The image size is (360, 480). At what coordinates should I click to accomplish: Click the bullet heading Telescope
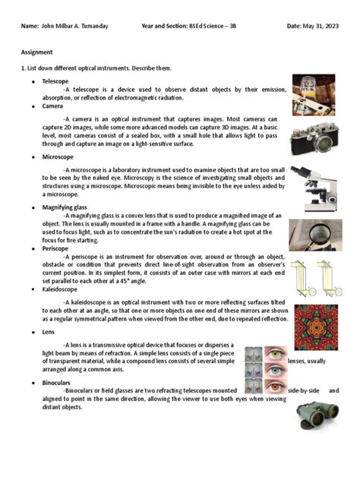(55, 80)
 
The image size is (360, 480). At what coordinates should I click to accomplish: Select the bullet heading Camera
(52, 107)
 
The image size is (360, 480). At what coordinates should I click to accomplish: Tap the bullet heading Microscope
(57, 156)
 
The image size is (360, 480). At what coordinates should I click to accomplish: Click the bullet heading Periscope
(55, 248)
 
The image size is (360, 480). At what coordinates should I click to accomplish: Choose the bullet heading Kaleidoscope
(60, 290)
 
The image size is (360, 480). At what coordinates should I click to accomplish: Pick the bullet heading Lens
(49, 333)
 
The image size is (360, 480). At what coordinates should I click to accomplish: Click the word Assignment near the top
(36, 53)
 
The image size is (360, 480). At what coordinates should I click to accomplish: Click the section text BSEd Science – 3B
(215, 27)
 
